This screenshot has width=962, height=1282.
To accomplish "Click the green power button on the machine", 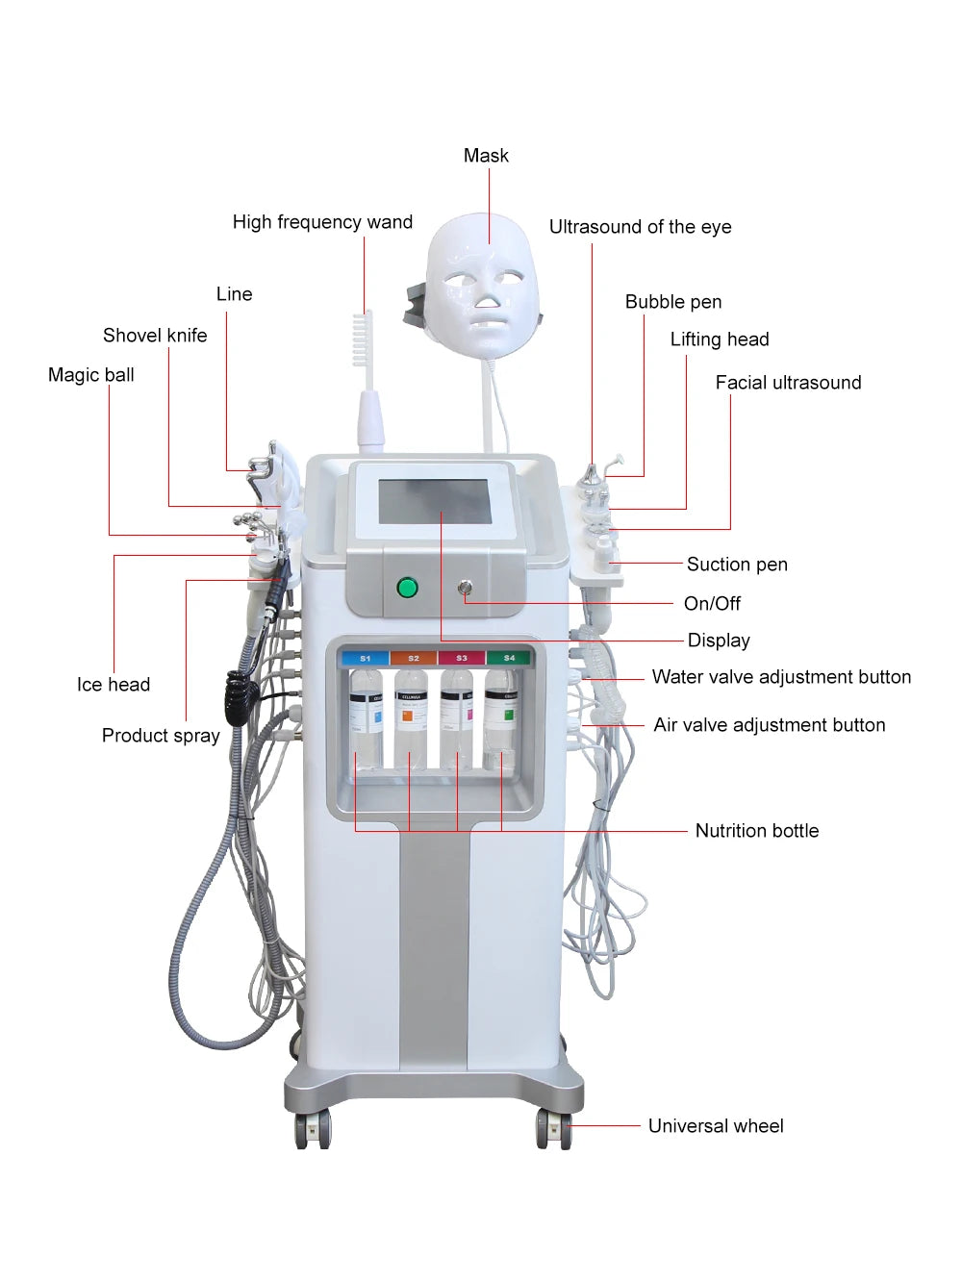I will coord(407,587).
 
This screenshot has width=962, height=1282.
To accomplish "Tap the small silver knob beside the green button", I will coord(466,587).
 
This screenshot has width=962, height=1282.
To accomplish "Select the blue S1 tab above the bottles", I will coord(365,658).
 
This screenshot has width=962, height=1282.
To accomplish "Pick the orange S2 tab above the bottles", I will coord(414,658).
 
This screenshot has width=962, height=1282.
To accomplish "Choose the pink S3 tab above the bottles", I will coord(462,658).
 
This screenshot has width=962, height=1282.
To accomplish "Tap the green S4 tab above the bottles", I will coord(509,658).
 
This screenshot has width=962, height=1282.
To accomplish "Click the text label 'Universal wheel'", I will coord(715,1125).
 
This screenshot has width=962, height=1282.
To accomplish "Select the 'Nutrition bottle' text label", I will coord(756,830).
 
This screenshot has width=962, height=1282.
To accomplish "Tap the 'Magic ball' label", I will coord(91,375).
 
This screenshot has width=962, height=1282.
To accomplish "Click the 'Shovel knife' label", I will coord(155,335).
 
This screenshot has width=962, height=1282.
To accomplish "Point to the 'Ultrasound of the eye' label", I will coord(640,227).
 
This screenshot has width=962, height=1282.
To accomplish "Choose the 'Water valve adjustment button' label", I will coord(781,677).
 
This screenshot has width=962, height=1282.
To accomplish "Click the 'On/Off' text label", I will coord(712,603).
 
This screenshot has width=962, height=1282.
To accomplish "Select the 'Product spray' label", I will coord(161,736).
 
